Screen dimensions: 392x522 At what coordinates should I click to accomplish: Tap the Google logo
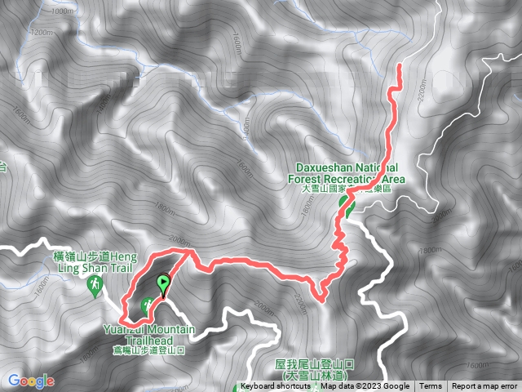31,381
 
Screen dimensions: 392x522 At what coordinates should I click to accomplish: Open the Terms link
431,386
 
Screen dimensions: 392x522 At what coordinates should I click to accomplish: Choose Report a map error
485,386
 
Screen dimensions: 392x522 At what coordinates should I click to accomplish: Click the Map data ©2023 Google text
365,386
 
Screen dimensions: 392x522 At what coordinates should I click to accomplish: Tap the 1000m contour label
61,11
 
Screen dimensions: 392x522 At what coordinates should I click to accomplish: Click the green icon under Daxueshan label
349,209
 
